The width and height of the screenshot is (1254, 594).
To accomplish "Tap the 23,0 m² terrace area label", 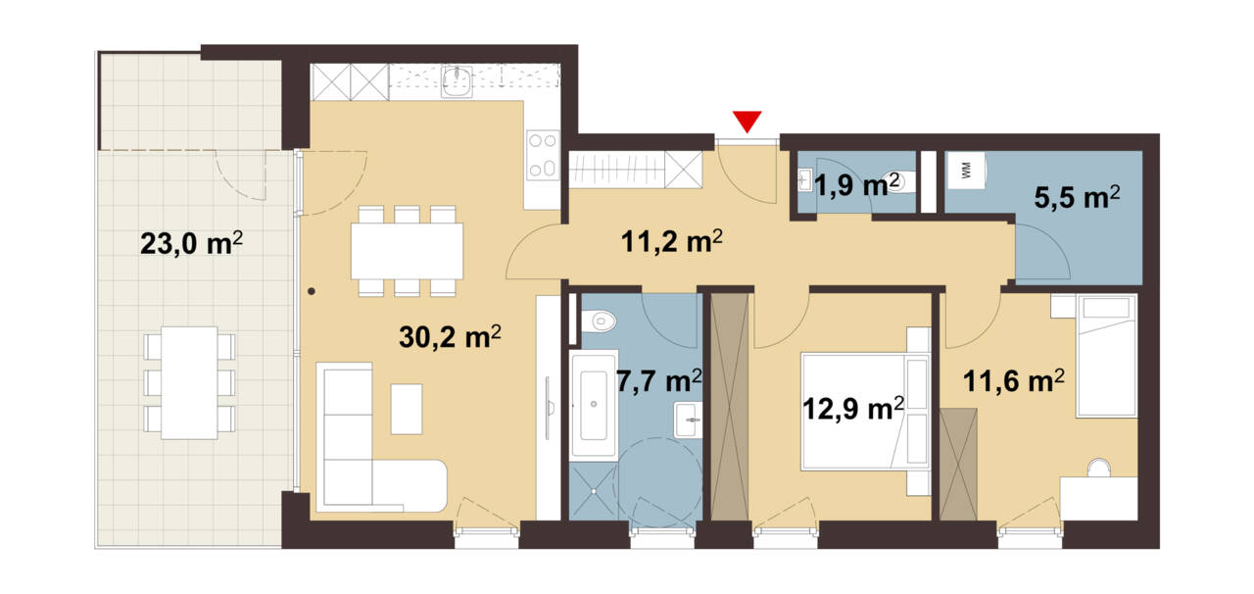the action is click(191, 244).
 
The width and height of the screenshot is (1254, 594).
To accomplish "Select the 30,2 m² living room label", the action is click(450, 337).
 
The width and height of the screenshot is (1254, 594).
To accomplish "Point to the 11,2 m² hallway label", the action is click(672, 241).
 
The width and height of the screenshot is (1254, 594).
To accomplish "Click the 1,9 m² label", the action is click(856, 185).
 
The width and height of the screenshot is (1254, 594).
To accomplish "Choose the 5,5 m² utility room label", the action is click(1077, 197).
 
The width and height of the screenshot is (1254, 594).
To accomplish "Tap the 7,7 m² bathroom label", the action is click(659, 381).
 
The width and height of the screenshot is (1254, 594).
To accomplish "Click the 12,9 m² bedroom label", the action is click(853, 409).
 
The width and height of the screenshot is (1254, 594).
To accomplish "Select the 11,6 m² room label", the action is click(1014, 381).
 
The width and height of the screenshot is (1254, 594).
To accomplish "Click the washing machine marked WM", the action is click(966, 171).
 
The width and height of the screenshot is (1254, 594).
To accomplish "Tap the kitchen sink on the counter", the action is click(457, 81).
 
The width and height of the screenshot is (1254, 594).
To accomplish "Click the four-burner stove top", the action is click(543, 155).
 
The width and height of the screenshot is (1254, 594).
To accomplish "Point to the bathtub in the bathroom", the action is click(594, 405).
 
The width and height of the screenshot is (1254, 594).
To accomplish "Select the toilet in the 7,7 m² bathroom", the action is click(598, 322).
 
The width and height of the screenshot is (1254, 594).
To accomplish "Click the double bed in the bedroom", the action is click(865, 411).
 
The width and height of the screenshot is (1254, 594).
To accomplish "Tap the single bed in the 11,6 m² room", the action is click(1106, 356).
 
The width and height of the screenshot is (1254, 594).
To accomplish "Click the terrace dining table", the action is click(190, 382).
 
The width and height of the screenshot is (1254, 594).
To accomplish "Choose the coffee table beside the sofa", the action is click(407, 409).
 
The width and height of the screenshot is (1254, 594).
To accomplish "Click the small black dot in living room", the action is click(312, 291).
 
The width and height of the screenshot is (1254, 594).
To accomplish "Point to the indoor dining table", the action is click(407, 251).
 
